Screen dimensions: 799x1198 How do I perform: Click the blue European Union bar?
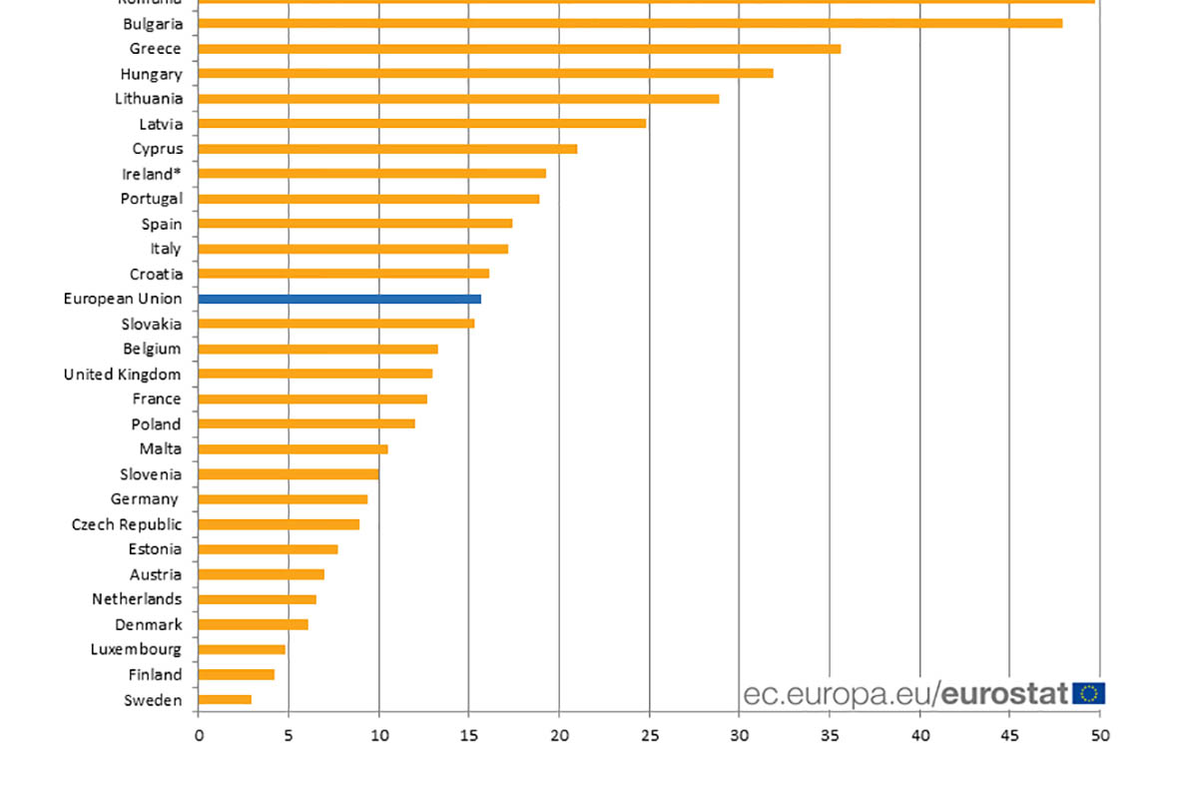click(339, 299)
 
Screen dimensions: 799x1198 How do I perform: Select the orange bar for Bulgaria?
click(630, 23)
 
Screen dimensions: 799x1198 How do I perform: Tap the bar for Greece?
click(519, 48)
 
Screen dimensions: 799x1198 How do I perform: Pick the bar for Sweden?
click(225, 699)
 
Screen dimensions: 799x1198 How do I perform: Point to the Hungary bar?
click(485, 73)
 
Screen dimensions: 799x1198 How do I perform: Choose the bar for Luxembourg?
click(242, 649)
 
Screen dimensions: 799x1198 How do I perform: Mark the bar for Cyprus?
click(387, 149)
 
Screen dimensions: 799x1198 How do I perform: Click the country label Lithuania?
click(149, 99)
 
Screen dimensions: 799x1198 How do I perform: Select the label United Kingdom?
click(123, 375)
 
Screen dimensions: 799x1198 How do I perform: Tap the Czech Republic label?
click(127, 524)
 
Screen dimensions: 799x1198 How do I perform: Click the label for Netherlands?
click(137, 599)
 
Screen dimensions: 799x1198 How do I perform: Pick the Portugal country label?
click(152, 199)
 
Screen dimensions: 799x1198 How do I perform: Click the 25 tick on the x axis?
click(649, 736)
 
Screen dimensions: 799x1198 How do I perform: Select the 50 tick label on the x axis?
click(1099, 736)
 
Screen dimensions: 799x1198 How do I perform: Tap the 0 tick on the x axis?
click(199, 736)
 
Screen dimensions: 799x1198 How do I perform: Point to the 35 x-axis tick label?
click(829, 736)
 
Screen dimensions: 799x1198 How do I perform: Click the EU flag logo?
click(1088, 693)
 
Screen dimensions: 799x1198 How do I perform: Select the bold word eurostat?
click(1004, 693)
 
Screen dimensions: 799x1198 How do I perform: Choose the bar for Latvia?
click(422, 124)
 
